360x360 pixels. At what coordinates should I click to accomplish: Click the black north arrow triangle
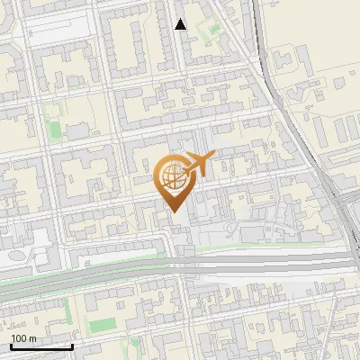(181, 24)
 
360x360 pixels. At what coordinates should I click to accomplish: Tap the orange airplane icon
(200, 165)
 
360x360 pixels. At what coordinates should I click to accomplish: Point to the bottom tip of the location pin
(172, 212)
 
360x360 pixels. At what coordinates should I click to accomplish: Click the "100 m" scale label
(24, 337)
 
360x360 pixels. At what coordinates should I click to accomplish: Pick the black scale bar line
(41, 346)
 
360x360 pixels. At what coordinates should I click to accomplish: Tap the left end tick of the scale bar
(11, 345)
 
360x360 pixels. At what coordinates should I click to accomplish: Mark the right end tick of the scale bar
(72, 345)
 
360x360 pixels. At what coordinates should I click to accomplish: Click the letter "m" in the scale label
(32, 337)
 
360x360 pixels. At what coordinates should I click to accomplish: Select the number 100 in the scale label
(19, 337)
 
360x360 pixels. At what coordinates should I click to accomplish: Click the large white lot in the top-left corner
(59, 28)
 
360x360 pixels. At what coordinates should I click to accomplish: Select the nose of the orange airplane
(214, 158)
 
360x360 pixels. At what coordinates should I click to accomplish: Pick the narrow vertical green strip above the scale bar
(68, 310)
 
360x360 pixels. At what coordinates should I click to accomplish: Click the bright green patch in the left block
(56, 130)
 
